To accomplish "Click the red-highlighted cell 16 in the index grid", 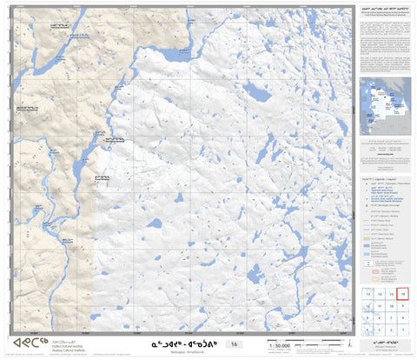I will [x=403, y=295].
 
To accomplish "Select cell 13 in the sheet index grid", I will [x=369, y=295].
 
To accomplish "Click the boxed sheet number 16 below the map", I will [x=232, y=345].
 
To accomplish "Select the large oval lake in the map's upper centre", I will [x=255, y=90].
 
